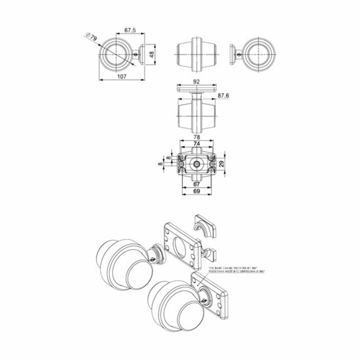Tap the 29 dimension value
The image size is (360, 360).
222,162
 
